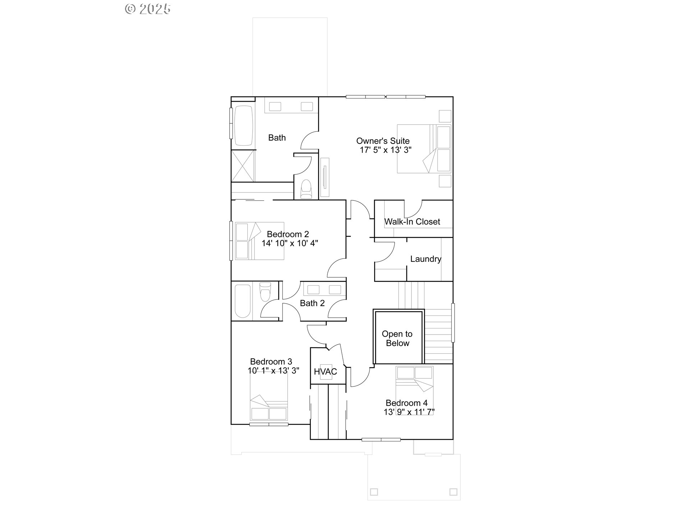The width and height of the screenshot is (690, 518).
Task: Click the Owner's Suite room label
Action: point(383,141)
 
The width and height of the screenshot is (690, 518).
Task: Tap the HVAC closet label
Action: point(326,372)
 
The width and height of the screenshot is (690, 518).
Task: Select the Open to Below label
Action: point(397,338)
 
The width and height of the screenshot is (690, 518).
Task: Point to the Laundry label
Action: point(425,259)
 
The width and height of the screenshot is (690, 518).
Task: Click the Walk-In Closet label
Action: point(412,222)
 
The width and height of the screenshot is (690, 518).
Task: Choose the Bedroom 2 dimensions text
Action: point(290,244)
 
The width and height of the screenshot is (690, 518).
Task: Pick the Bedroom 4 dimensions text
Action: point(409,412)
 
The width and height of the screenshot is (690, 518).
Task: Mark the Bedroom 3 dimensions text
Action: point(273,371)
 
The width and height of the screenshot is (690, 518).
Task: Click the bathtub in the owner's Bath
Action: point(244,126)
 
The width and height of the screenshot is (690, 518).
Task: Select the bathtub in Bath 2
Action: point(242,301)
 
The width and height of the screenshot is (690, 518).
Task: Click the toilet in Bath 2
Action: point(265,291)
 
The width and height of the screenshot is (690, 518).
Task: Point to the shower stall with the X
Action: point(243,166)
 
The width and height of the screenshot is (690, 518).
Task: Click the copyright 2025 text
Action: point(148,9)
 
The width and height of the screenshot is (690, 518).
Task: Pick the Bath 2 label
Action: point(312,303)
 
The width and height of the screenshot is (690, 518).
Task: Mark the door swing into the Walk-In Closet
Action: point(413,209)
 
